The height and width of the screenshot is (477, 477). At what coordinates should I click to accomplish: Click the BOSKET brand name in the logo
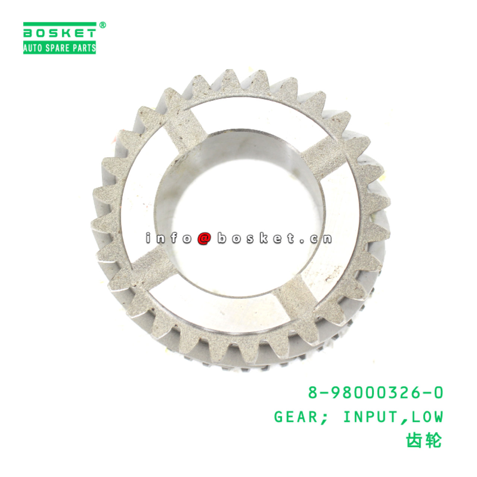[60, 33]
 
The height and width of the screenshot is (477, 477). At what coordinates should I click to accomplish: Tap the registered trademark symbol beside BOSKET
[102, 25]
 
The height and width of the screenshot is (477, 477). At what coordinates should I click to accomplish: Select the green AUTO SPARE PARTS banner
[60, 48]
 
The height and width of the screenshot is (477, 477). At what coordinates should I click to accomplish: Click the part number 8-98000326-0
[375, 392]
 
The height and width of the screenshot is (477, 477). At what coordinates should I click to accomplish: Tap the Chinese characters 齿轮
[423, 441]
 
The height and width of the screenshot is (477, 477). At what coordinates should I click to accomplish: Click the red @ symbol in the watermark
[204, 238]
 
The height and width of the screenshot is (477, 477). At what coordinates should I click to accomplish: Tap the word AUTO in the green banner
[32, 48]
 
